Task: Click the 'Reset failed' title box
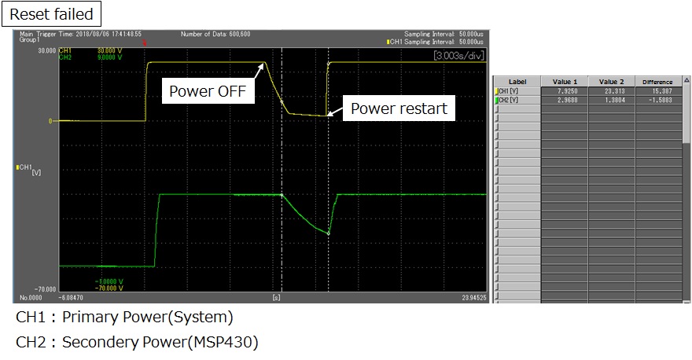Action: click(x=51, y=13)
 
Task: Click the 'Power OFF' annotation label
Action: click(x=208, y=90)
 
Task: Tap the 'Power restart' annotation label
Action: click(x=399, y=108)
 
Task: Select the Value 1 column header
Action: click(x=565, y=82)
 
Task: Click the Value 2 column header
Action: click(x=611, y=82)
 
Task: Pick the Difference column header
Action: click(x=657, y=82)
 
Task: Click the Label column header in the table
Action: click(x=517, y=82)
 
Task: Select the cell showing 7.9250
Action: click(x=565, y=91)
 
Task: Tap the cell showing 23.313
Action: click(x=612, y=91)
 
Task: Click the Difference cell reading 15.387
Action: click(x=658, y=91)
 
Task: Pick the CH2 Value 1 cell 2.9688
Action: click(x=565, y=100)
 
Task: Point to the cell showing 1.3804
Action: click(x=612, y=100)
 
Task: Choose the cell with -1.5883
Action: click(x=658, y=100)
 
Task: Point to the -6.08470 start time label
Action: click(x=71, y=299)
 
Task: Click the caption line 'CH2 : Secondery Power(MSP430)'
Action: click(x=137, y=342)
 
